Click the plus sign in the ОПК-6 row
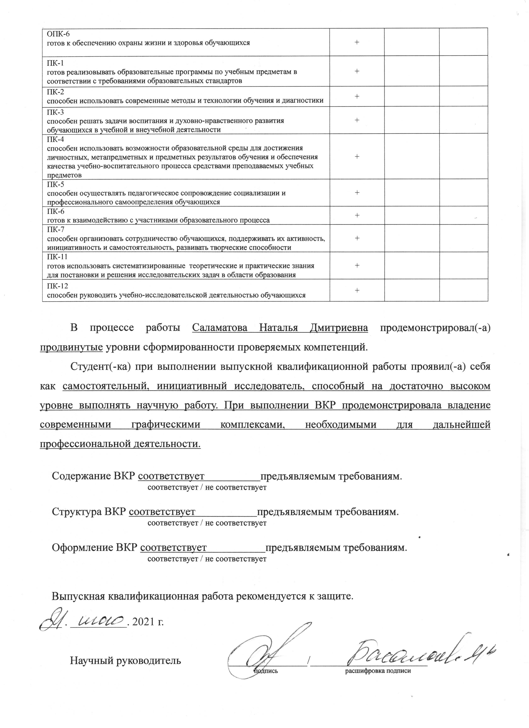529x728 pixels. click(x=357, y=42)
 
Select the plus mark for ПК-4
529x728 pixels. click(x=357, y=156)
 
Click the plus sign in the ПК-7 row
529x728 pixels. click(x=357, y=238)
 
